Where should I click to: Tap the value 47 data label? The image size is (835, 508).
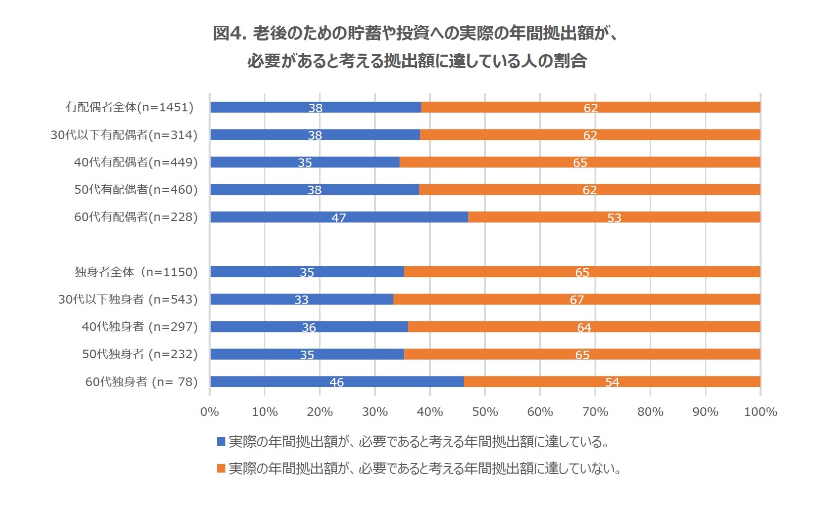point(339,218)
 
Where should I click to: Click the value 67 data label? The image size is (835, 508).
point(577,300)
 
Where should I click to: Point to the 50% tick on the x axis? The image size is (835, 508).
point(485,412)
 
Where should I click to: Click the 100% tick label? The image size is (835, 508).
point(760,412)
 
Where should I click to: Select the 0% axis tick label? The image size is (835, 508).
point(210,412)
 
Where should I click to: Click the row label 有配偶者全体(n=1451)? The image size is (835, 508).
point(130,107)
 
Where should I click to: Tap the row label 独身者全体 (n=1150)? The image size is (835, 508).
point(136,272)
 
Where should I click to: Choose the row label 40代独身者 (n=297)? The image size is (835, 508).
point(139,327)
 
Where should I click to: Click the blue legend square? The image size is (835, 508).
point(221,442)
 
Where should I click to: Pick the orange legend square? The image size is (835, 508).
point(221,469)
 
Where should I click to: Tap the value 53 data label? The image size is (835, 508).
point(614,218)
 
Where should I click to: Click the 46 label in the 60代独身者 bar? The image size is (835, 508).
point(337,382)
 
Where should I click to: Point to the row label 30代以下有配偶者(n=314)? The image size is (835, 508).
point(124,135)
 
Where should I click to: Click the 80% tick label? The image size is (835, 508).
point(650,412)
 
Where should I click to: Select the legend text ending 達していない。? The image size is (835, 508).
point(424,469)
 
